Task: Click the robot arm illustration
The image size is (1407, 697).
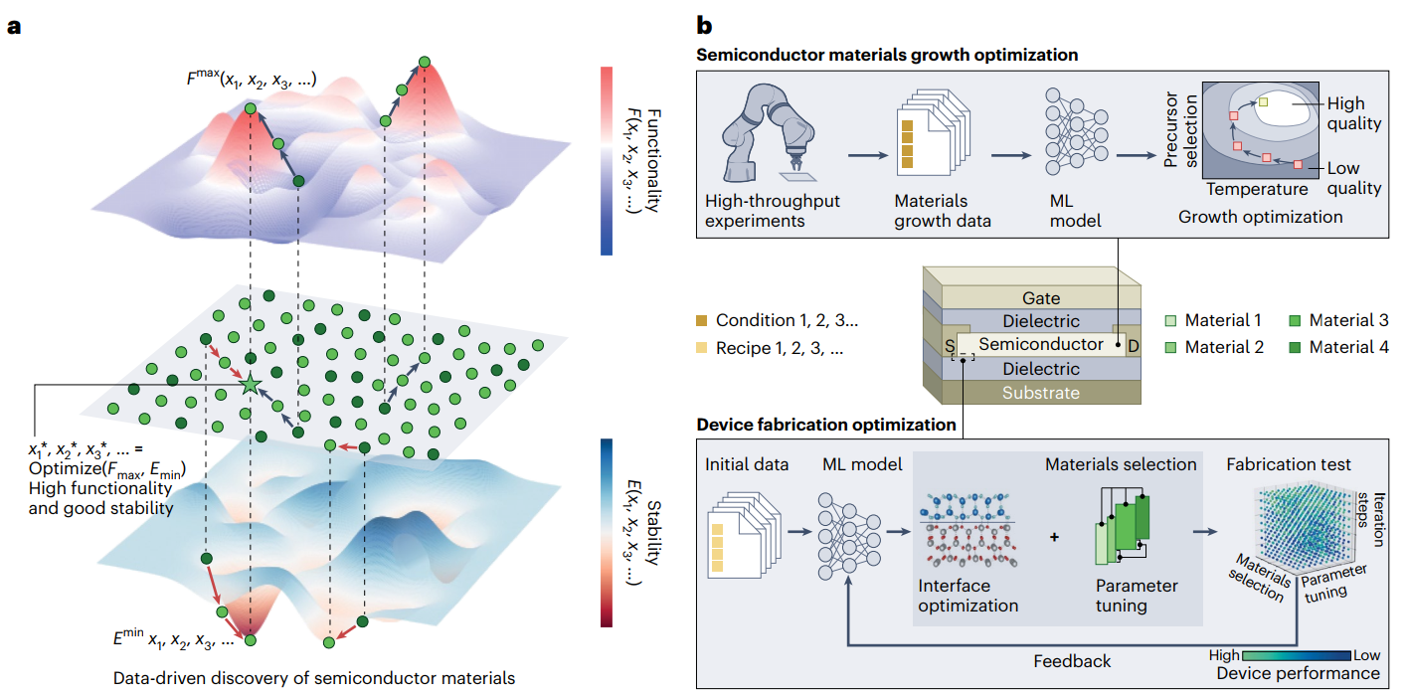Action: (773, 129)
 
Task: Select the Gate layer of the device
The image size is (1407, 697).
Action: (1041, 297)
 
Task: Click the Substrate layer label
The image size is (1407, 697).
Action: (1041, 392)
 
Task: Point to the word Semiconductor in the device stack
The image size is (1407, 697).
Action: (1041, 344)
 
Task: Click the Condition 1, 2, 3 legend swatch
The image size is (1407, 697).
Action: (703, 320)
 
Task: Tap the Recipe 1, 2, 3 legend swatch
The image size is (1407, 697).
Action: (703, 347)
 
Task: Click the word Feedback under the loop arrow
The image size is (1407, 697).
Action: (1072, 660)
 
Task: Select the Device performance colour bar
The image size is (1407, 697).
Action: (1297, 655)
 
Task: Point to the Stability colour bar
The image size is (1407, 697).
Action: (607, 533)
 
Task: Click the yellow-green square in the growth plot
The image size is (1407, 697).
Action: (1263, 102)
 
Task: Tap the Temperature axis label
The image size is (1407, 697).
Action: (1257, 189)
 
